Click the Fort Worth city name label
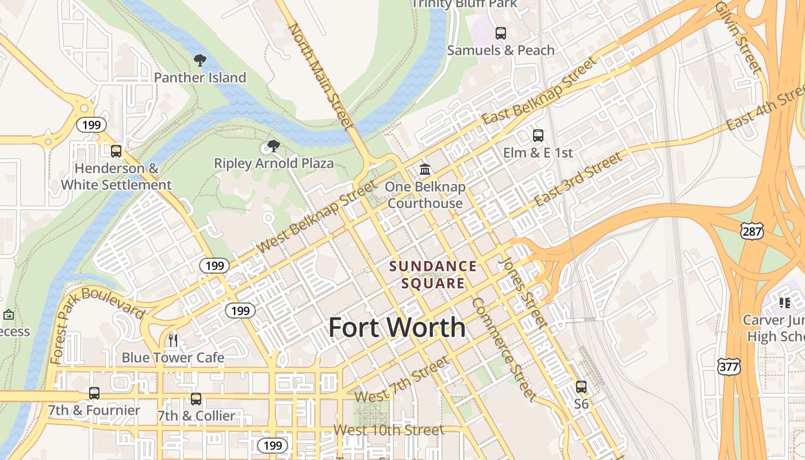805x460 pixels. point(397,328)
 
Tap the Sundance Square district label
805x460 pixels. point(433,275)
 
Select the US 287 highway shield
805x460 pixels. point(752,232)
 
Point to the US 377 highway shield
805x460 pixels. point(729,366)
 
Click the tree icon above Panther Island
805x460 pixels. point(200,60)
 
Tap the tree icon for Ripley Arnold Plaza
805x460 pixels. point(274,146)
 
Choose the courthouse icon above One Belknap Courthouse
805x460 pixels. point(425,169)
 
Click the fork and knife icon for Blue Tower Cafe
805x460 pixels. point(172,340)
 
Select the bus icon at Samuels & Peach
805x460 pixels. point(501,33)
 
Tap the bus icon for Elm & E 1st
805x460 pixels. point(538,136)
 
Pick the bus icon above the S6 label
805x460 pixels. point(581,387)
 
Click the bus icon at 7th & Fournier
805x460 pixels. point(94,393)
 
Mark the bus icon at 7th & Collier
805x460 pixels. point(196,399)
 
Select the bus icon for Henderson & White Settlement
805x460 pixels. point(116,151)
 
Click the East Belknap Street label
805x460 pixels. point(539,91)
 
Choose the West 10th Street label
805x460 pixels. point(389,430)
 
